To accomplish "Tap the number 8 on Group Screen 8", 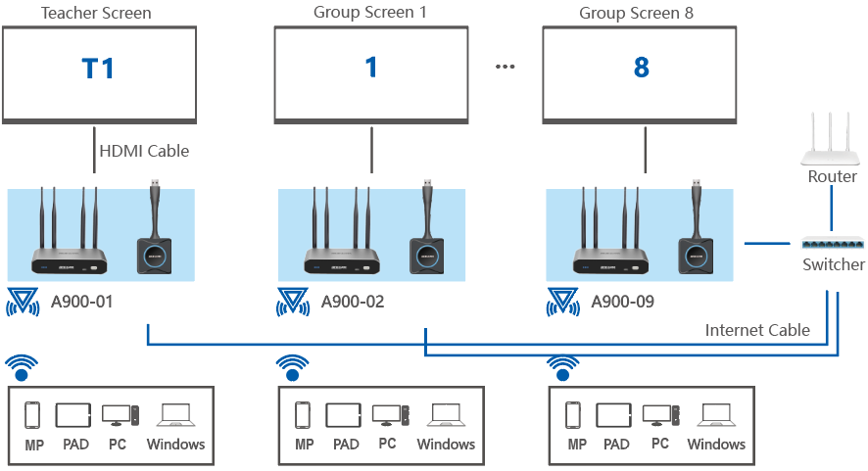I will tap(641, 69).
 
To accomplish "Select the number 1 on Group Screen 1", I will tap(370, 69).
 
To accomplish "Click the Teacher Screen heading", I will tap(96, 13).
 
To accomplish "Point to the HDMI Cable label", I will tap(144, 151).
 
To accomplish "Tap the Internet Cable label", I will tap(756, 330).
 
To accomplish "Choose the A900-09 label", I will tap(622, 302).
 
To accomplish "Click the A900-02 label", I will tap(353, 302).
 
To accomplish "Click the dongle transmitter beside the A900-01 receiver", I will tap(156, 235).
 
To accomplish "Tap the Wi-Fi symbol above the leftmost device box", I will tap(21, 366).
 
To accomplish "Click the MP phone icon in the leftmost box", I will tap(31, 415).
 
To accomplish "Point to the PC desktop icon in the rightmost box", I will tap(659, 415).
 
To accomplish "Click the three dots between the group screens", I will tap(505, 68).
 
